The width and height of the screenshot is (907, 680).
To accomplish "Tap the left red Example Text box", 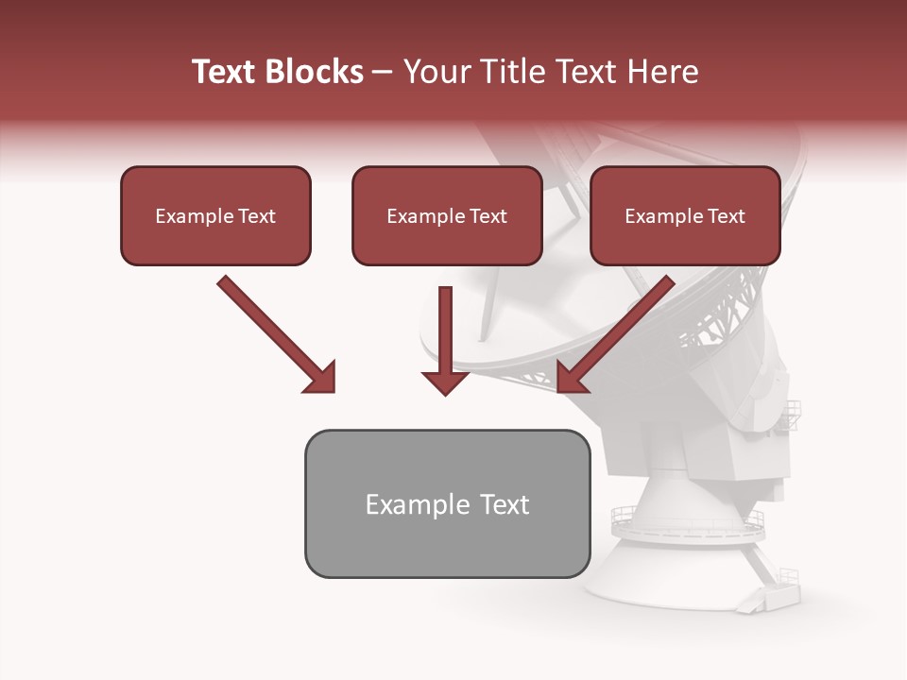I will tap(215, 215).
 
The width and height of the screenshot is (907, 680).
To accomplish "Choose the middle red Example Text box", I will tap(447, 215).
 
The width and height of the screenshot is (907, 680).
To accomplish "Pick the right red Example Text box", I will tap(685, 215).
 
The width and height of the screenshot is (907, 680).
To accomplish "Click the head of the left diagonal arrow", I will tap(320, 377).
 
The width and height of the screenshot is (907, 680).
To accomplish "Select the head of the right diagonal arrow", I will tap(572, 377).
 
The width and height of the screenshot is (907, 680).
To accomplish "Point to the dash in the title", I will tap(383, 72).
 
